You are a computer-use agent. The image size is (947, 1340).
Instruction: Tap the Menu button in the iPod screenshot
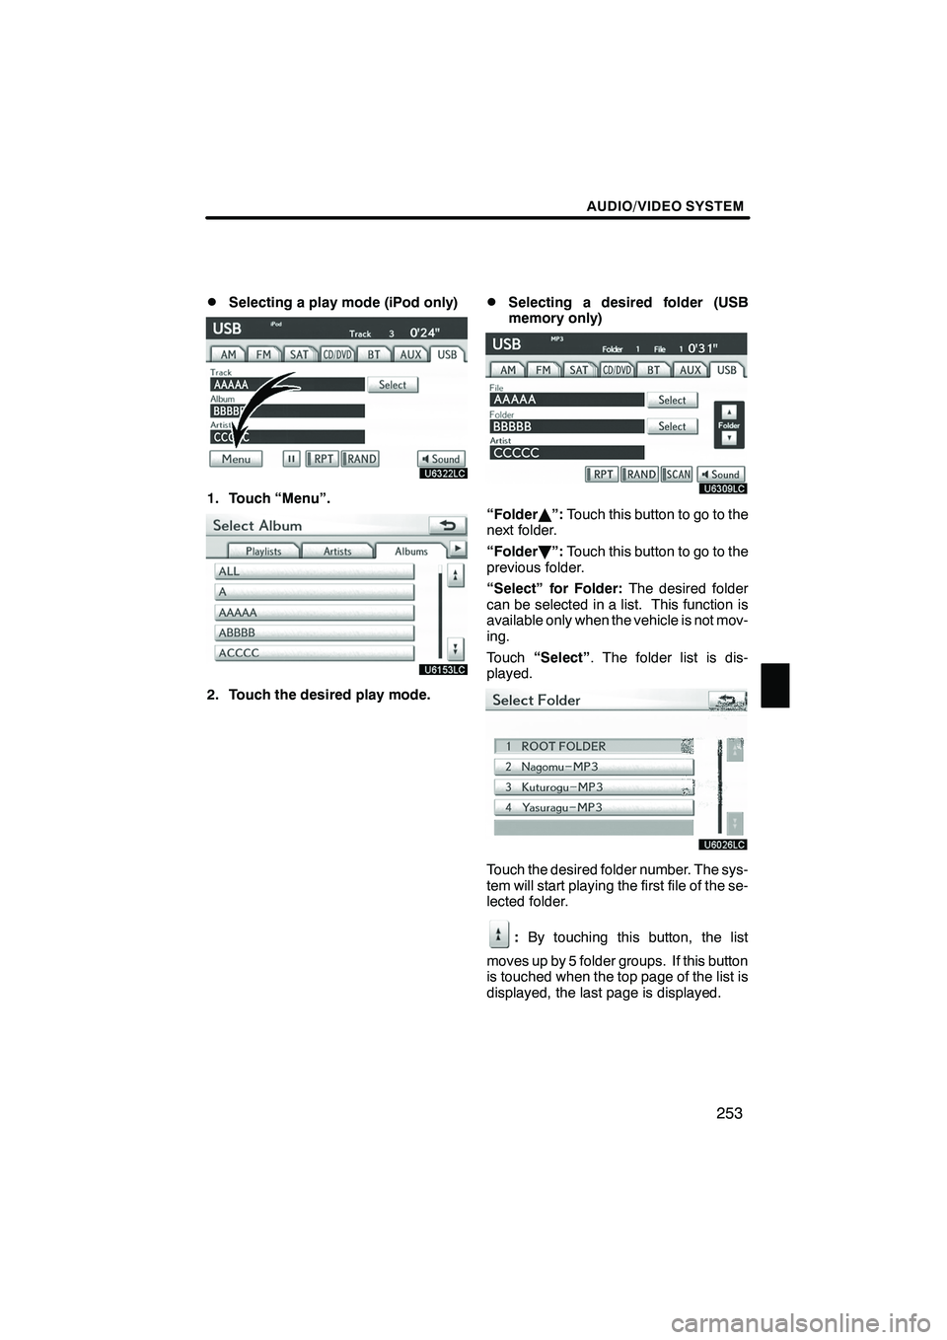[x=236, y=459]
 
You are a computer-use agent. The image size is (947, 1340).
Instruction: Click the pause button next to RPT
[x=291, y=459]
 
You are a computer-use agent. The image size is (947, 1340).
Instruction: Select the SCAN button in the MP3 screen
[x=677, y=475]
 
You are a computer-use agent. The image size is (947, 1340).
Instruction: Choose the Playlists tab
[x=263, y=552]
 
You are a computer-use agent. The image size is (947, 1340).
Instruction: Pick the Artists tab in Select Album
[x=337, y=552]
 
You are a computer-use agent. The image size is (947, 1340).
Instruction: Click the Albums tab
[x=411, y=552]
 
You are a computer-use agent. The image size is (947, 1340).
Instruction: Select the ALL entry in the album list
[x=314, y=571]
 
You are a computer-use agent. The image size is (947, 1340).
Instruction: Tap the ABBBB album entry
[x=314, y=633]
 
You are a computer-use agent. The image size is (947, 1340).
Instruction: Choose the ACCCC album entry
[x=314, y=653]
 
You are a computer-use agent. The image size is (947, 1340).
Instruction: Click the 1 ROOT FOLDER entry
[x=593, y=746]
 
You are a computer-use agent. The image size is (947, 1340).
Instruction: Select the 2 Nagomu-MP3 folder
[x=593, y=767]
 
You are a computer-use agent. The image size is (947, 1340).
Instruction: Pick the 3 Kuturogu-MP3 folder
[x=593, y=787]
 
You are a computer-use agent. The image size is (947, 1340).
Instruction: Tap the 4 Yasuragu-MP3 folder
[x=593, y=807]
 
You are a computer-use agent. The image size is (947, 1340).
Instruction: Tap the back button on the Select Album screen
[x=448, y=525]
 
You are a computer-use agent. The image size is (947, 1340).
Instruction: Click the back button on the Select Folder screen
[x=727, y=700]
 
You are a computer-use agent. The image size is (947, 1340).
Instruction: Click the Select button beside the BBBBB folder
[x=672, y=426]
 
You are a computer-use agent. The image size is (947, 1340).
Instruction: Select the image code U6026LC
[x=724, y=845]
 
